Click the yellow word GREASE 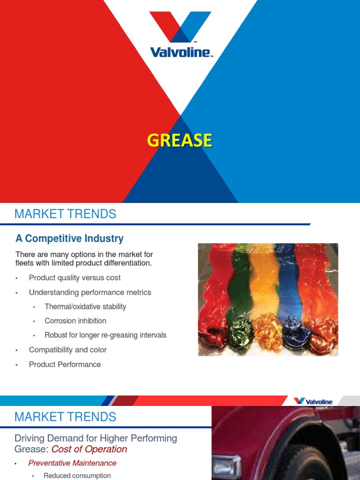[180, 141]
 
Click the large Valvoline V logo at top [180, 27]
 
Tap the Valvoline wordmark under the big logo [180, 52]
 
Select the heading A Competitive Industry [69, 239]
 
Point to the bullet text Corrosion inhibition [75, 321]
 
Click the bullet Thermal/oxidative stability [85, 307]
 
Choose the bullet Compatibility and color [67, 350]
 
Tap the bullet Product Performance [65, 364]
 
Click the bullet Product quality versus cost [75, 277]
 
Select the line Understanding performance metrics [90, 292]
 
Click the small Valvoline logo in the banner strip [313, 401]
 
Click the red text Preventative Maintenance [72, 463]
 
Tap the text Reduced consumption [77, 476]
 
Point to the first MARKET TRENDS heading [65, 214]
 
